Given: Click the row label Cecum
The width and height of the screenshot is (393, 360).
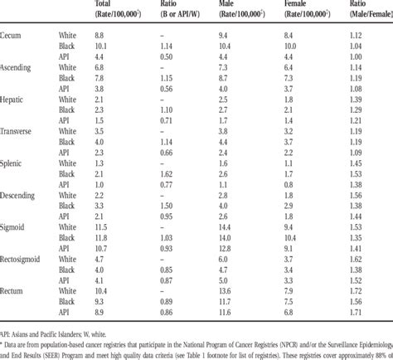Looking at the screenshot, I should click(12, 36).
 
